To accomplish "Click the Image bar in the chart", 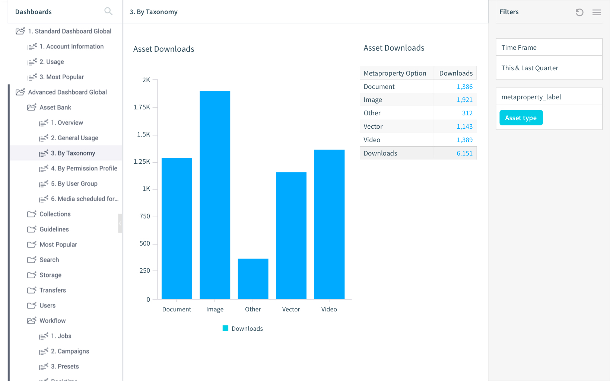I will point(215,195).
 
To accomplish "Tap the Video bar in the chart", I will point(329,224).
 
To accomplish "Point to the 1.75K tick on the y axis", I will point(142,107).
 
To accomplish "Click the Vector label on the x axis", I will point(291,309).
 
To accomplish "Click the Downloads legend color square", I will point(225,328).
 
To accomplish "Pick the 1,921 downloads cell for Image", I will point(464,100).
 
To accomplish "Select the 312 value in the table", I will point(467,113).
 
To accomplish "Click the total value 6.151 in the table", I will point(464,153).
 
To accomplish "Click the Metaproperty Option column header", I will point(395,73).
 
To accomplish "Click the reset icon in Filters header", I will point(579,12).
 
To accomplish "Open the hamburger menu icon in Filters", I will point(597,12).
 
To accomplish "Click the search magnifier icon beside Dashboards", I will point(108,12).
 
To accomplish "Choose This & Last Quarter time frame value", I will point(530,68).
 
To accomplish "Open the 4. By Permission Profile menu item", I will point(84,168).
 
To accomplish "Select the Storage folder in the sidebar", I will point(50,275).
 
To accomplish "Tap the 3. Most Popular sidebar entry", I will point(61,77).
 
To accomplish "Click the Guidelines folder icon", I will point(32,229).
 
